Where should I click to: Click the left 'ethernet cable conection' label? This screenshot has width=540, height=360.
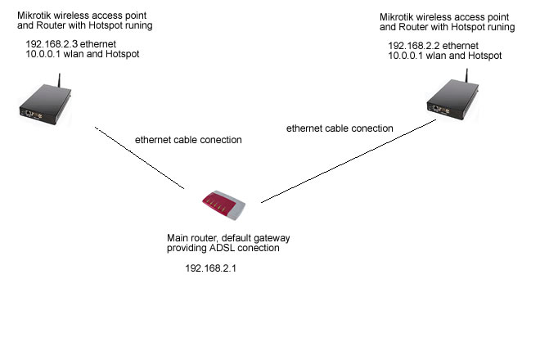coord(188,140)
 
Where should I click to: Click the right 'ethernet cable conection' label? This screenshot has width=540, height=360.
coord(340,128)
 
